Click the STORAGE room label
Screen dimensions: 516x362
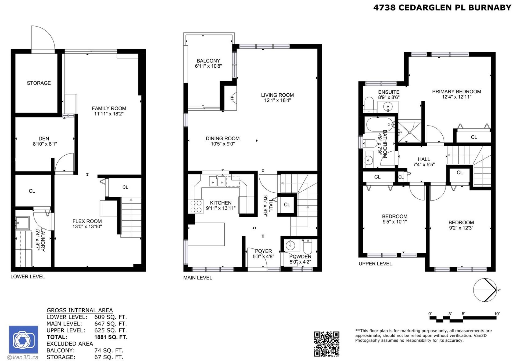tap(39, 83)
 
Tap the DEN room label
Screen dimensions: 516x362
tap(44, 139)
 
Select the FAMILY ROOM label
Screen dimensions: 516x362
tap(109, 108)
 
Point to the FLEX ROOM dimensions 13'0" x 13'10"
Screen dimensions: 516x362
tap(87, 227)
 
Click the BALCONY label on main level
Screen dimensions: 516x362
tap(208, 61)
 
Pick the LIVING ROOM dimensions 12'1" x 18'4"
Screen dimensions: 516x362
tap(277, 101)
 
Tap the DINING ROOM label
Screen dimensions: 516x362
tap(223, 138)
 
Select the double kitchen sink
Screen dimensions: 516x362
tap(217, 181)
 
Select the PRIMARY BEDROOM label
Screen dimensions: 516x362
tap(457, 92)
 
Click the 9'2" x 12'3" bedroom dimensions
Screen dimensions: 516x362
tap(461, 228)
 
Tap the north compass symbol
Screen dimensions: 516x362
tap(485, 290)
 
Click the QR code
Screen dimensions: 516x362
tap(327, 344)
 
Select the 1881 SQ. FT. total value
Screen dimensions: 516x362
tap(111, 337)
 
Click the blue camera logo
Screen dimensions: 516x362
tap(23, 340)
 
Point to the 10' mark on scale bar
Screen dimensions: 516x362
tap(496, 314)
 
